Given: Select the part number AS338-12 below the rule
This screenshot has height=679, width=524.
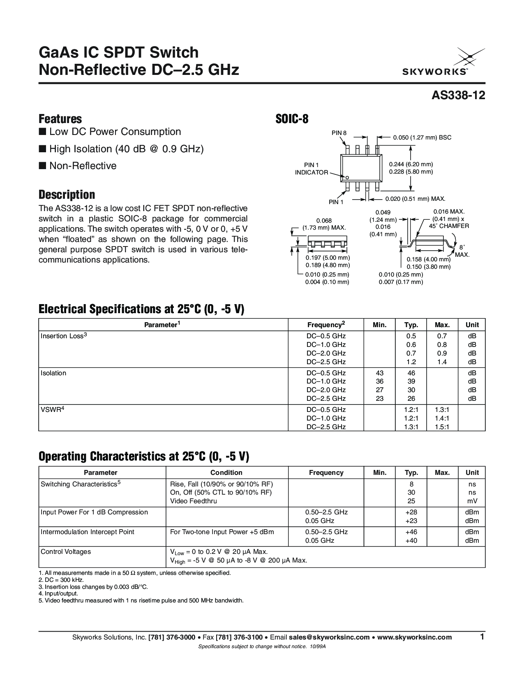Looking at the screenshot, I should pyautogui.click(x=458, y=95).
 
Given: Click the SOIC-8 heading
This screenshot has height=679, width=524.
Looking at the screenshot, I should pyautogui.click(x=291, y=119).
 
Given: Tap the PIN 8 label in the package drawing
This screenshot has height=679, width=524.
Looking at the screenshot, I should pyautogui.click(x=339, y=133).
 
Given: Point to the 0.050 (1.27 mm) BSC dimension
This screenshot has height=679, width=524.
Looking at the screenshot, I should pyautogui.click(x=422, y=137).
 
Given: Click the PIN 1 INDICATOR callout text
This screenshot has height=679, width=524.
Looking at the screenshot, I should pyautogui.click(x=312, y=169).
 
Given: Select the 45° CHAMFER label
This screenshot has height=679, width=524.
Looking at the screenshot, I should pyautogui.click(x=449, y=226).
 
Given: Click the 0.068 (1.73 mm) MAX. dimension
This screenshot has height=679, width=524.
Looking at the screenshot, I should pyautogui.click(x=324, y=224).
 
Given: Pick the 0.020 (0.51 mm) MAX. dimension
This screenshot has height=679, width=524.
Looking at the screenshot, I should pyautogui.click(x=416, y=199).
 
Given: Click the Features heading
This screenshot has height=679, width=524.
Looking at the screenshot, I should pyautogui.click(x=60, y=119).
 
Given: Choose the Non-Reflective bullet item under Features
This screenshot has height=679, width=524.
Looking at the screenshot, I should pyautogui.click(x=83, y=166).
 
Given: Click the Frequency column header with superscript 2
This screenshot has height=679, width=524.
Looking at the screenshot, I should pyautogui.click(x=326, y=325).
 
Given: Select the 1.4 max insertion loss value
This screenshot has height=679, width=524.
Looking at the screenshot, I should pyautogui.click(x=442, y=362).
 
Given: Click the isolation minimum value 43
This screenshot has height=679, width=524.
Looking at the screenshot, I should pyautogui.click(x=380, y=373).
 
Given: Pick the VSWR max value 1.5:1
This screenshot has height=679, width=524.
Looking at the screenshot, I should pyautogui.click(x=442, y=427).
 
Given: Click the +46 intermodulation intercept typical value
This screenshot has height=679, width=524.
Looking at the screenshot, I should pyautogui.click(x=411, y=532).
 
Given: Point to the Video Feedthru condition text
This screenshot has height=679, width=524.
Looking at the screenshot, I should pyautogui.click(x=194, y=501).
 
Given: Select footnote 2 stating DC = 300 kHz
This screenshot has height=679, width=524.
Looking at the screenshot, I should pyautogui.click(x=62, y=580).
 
